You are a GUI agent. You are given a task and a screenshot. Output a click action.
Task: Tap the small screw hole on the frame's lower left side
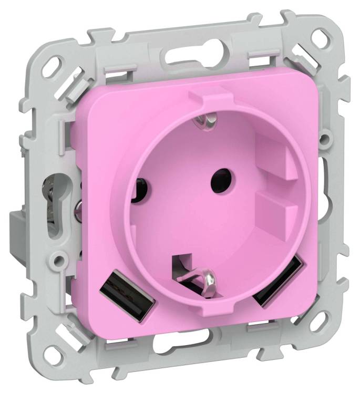click(x=59, y=259)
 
